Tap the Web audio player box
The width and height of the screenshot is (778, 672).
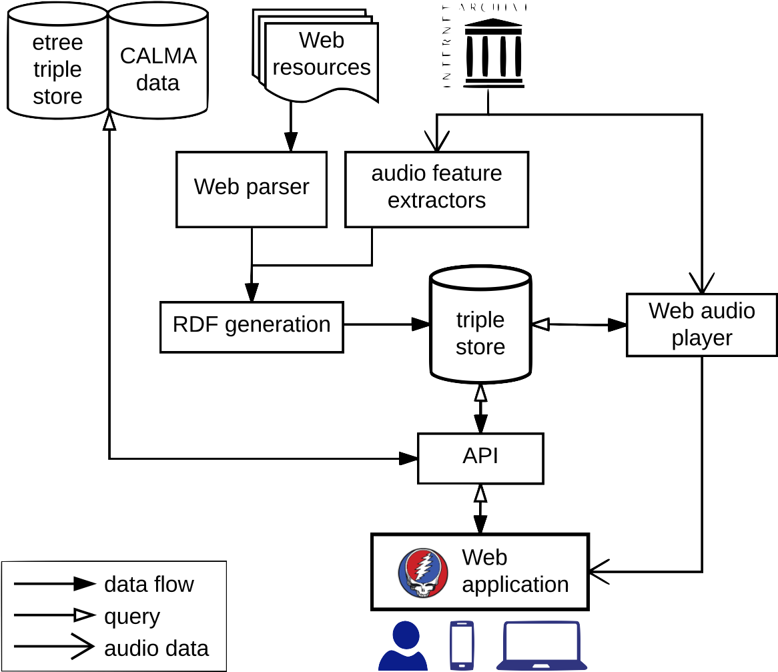tap(701, 324)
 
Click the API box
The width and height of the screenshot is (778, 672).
tap(480, 458)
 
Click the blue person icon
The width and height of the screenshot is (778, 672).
tap(402, 646)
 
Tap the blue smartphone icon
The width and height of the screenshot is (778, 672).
tap(462, 645)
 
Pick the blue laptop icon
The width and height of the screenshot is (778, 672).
tap(541, 646)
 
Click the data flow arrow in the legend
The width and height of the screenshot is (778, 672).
tap(55, 585)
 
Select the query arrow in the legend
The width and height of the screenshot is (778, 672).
tap(55, 616)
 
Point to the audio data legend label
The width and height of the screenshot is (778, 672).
tap(156, 648)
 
